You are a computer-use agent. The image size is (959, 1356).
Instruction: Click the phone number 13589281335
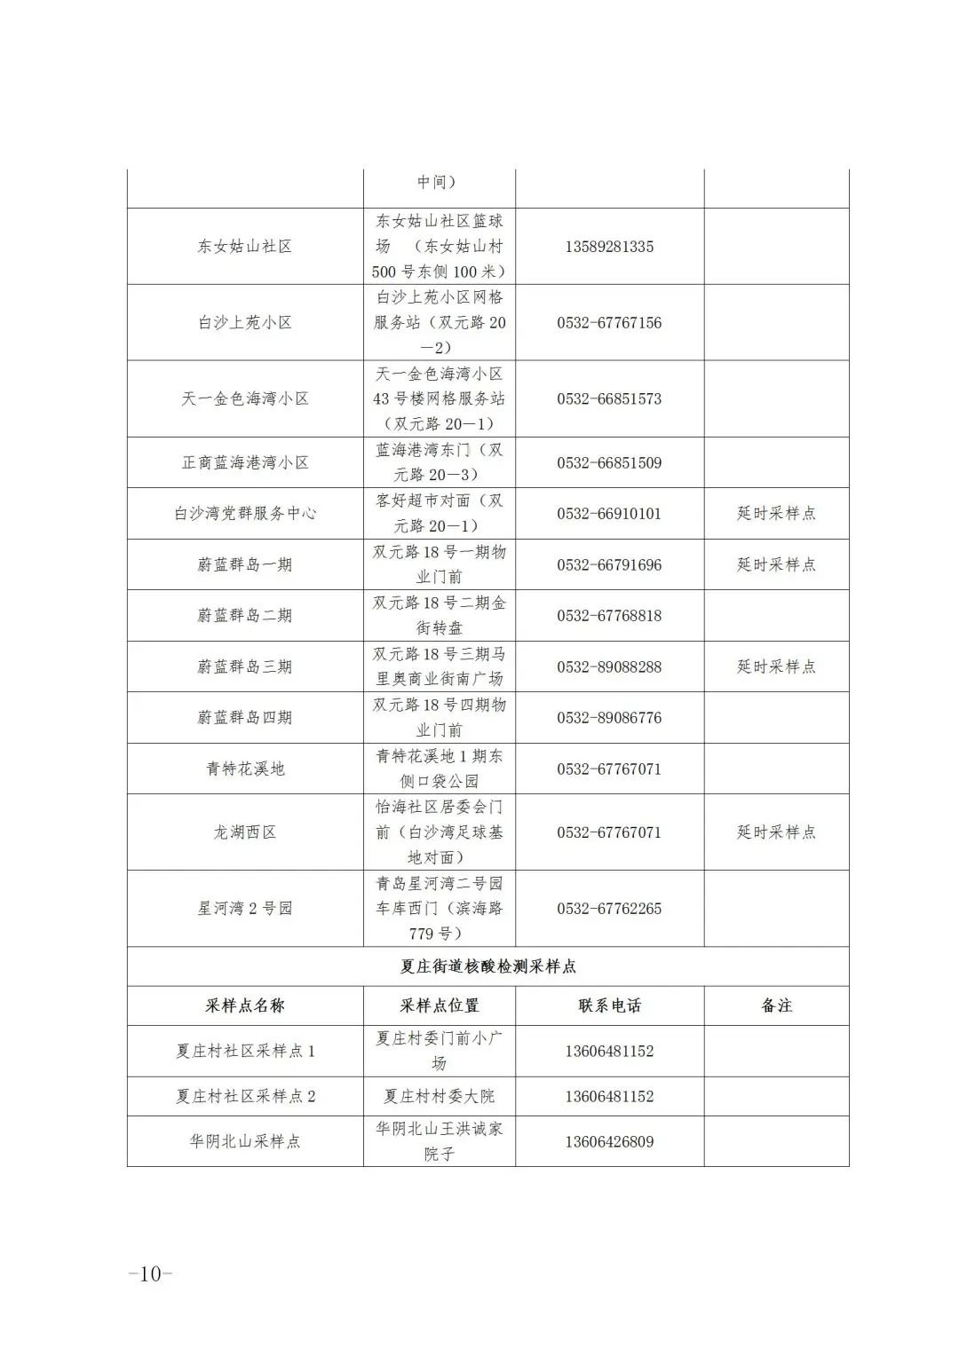pos(609,247)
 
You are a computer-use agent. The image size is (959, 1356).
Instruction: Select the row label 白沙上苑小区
pos(244,323)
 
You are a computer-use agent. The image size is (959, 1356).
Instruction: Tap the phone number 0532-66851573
pos(609,399)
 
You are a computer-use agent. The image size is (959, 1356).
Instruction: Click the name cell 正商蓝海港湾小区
pos(244,463)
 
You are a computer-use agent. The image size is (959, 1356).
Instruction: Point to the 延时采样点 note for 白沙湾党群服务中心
pos(776,514)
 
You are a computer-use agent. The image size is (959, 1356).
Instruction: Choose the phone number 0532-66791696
pos(609,565)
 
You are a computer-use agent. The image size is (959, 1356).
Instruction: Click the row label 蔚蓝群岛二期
pos(244,616)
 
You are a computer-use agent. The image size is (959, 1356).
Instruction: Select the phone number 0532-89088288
pos(609,667)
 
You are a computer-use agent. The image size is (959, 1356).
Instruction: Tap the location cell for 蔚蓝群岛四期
pos(439,718)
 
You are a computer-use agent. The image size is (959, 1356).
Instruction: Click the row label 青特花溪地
pos(244,769)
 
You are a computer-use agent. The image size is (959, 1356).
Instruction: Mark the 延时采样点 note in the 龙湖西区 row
pos(776,832)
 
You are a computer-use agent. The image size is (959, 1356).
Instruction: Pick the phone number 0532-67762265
pos(609,909)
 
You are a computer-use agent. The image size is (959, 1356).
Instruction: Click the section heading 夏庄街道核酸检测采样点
pos(487,966)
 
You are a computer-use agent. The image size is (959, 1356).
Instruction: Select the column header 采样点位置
pos(439,1006)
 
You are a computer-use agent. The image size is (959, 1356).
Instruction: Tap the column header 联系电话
pos(609,1006)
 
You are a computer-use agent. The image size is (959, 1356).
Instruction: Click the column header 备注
pos(776,1006)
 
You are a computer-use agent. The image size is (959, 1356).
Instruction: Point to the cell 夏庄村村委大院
pos(439,1097)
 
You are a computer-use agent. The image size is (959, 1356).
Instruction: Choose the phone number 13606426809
pos(609,1142)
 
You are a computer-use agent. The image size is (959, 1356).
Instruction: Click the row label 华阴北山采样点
pos(244,1142)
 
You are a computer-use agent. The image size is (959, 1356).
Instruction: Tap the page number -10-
pos(150,1273)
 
